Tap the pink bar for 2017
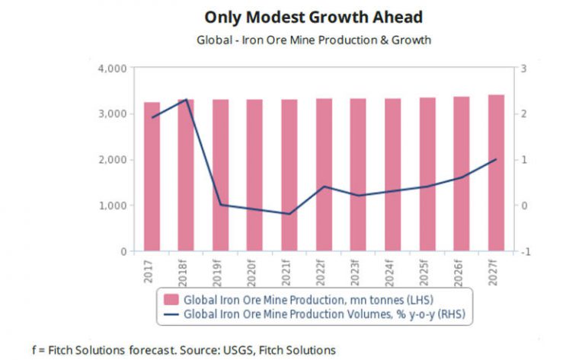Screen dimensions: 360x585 [152, 177]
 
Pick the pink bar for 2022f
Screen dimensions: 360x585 [324, 174]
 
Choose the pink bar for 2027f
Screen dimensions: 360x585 [497, 173]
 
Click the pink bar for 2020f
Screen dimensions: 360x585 [255, 175]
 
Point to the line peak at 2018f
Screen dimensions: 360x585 [187, 100]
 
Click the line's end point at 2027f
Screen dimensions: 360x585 [497, 159]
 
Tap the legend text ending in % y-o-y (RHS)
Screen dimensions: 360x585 [325, 312]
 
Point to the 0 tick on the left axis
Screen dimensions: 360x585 [123, 251]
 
